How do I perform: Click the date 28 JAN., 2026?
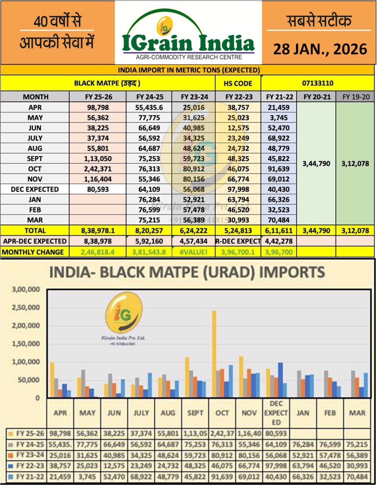click(x=320, y=49)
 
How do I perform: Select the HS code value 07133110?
click(x=318, y=83)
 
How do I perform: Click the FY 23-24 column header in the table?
click(x=195, y=97)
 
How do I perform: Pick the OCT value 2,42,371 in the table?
click(x=97, y=169)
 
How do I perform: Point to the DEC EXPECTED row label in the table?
click(x=35, y=189)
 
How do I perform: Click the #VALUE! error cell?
click(x=195, y=252)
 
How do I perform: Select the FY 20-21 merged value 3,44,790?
click(x=316, y=164)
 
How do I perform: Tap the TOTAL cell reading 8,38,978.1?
click(x=97, y=230)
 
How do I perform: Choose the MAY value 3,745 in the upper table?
click(x=279, y=118)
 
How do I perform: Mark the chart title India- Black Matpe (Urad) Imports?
click(x=187, y=272)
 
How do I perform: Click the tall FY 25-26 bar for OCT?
click(x=214, y=354)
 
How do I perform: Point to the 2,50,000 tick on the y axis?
click(x=26, y=307)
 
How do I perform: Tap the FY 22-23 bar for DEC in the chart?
click(x=280, y=380)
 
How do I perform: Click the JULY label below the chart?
click(x=141, y=413)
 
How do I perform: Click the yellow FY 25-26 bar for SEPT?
click(x=187, y=377)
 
